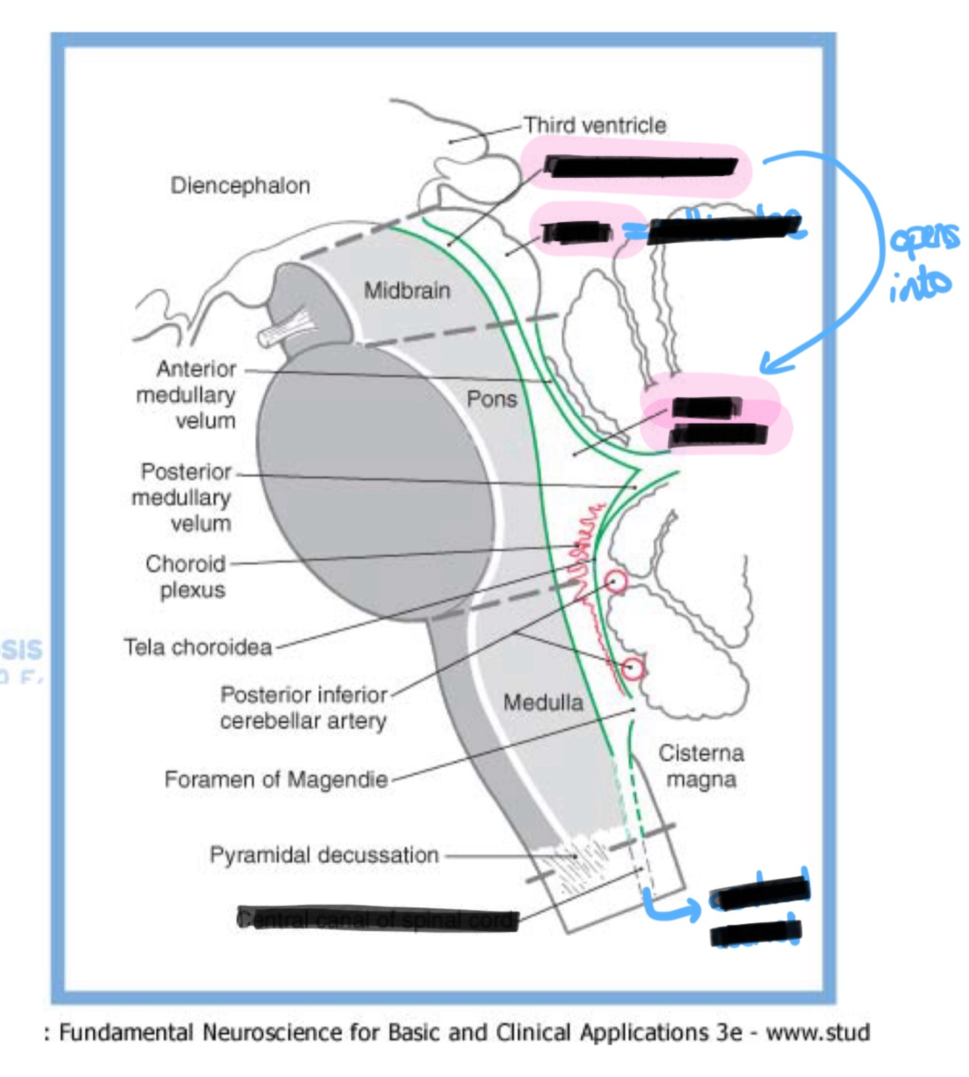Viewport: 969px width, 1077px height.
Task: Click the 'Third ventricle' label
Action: point(595,126)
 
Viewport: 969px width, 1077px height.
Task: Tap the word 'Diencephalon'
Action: point(240,186)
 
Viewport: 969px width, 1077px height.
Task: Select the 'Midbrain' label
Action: point(407,290)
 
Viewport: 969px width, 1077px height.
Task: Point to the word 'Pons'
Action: point(492,399)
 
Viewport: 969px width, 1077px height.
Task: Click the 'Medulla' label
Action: point(543,702)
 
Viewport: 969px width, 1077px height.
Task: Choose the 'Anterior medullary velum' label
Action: point(187,395)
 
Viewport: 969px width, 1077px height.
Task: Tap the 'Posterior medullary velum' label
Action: point(182,497)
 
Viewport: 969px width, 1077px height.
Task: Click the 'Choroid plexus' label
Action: point(186,576)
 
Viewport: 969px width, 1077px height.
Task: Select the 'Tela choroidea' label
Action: point(198,647)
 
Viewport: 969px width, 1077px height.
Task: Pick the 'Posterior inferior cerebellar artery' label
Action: point(304,708)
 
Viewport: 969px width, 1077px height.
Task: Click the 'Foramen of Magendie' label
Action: point(276,779)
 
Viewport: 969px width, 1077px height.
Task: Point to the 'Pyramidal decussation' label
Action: point(324,855)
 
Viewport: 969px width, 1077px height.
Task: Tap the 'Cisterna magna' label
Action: point(701,766)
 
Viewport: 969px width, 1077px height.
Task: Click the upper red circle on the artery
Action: point(615,581)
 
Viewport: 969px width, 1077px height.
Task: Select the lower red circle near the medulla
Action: point(633,668)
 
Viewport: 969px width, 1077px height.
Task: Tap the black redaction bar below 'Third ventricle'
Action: point(641,167)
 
